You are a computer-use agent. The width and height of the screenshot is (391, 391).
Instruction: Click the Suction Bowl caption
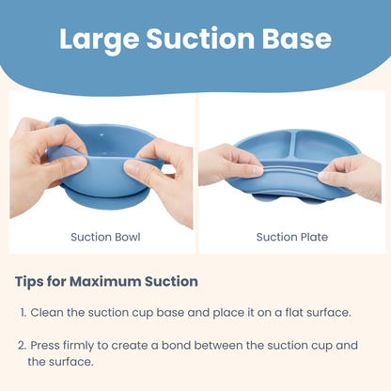[x=105, y=237]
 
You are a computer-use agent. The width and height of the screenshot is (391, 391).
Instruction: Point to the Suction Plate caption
[x=292, y=237]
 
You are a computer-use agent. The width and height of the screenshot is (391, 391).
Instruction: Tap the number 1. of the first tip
[x=23, y=311]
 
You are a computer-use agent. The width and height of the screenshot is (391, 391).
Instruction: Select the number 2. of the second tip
[x=23, y=345]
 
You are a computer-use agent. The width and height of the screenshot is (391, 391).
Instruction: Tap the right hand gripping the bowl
[x=161, y=179]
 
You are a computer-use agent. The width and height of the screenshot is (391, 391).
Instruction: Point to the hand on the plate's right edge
[x=356, y=173]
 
